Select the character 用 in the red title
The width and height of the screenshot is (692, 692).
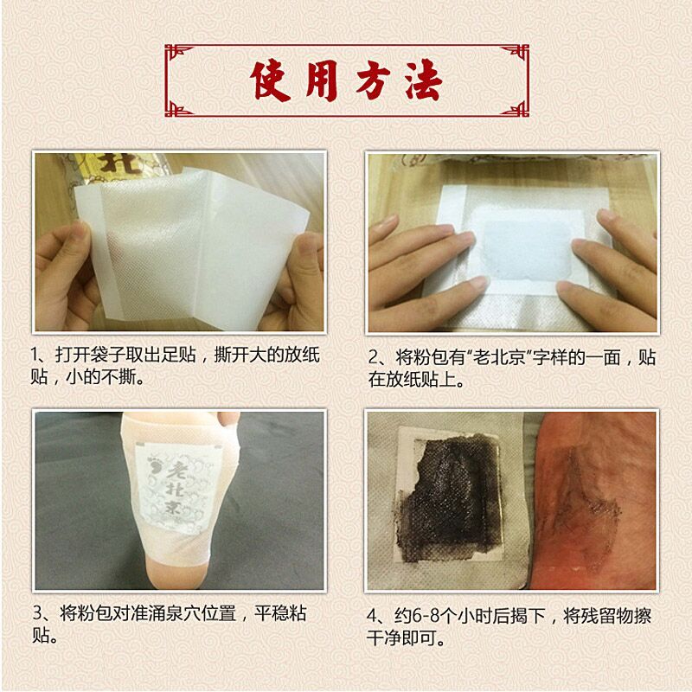coord(322,81)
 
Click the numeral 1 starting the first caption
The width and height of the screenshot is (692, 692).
coord(35,355)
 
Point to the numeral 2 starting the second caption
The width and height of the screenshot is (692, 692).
coord(374,357)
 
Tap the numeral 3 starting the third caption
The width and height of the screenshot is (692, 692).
coord(37,613)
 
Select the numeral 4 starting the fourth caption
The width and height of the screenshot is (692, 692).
coord(372,616)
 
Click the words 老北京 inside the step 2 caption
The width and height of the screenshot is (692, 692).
coord(499,357)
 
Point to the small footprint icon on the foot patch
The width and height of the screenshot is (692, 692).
coord(154,468)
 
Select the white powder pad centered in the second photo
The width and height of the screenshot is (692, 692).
coord(522,246)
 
